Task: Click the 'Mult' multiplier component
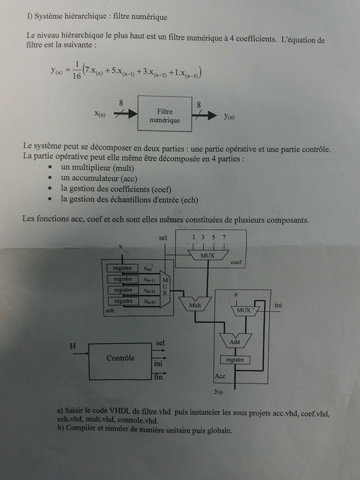(x=195, y=304)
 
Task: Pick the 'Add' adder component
(x=234, y=342)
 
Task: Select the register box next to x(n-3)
(x=123, y=301)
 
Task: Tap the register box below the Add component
(x=235, y=359)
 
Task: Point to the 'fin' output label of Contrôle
(x=158, y=377)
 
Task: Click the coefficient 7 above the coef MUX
(x=223, y=237)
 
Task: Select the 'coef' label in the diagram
(x=236, y=262)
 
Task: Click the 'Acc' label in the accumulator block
(x=219, y=375)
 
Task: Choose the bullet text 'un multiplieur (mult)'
(x=97, y=168)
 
